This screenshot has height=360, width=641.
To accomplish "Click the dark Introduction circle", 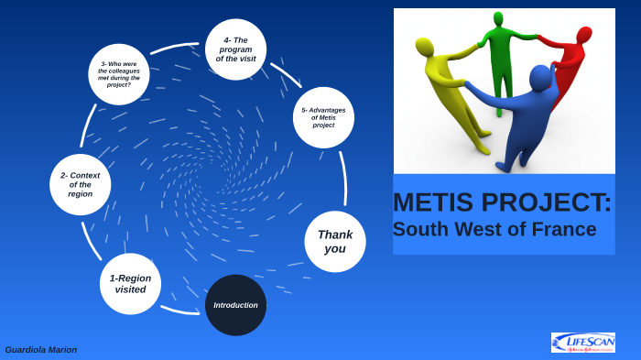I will coord(235,305).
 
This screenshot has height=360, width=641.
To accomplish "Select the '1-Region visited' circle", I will coord(130,283).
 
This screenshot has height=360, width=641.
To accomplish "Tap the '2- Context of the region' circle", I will coord(81,184).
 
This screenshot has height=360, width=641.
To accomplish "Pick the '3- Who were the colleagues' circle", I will coord(119,74).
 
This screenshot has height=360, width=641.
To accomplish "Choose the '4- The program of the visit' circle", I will coord(235,49).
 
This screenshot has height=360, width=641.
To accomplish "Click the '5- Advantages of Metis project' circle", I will coord(323,117).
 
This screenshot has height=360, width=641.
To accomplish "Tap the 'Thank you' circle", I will coord(335,241).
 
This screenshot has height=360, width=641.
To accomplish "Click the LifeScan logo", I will coord(582,343).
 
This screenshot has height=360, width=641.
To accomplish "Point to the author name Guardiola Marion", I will coord(41,350).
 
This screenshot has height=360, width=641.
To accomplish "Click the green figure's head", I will coord(498,17).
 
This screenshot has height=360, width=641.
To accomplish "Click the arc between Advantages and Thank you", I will coord(343,179).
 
